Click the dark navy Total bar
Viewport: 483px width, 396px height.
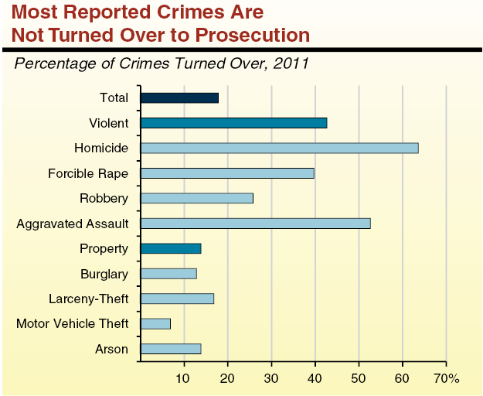click(179, 97)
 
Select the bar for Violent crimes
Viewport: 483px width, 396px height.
click(233, 122)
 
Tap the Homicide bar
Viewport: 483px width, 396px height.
click(279, 148)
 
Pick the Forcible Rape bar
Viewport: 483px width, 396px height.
click(227, 172)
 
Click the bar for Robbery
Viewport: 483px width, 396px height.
click(196, 198)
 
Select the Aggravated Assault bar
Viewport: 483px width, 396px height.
click(255, 224)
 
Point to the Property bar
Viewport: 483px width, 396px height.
click(171, 248)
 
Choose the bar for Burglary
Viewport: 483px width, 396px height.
click(168, 273)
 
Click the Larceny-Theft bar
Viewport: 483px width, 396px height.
click(177, 299)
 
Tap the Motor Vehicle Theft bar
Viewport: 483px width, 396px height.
click(155, 323)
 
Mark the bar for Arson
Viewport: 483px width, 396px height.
click(171, 349)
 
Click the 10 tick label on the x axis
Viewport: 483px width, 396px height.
click(183, 378)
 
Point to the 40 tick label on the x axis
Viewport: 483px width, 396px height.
click(315, 378)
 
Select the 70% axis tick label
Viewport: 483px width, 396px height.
click(446, 378)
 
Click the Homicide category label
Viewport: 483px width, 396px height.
click(101, 148)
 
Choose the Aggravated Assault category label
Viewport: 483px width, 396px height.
click(73, 224)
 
